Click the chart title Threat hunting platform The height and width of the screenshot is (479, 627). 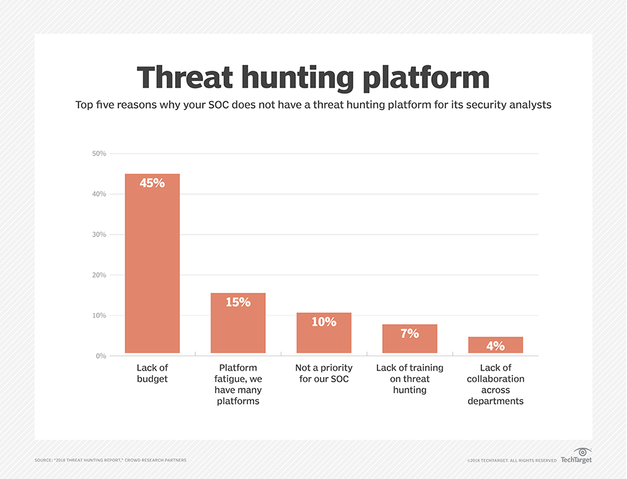tap(313, 78)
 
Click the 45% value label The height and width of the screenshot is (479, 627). tap(152, 184)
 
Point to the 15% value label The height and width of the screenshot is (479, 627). tap(238, 303)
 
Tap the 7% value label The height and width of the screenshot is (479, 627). tap(410, 334)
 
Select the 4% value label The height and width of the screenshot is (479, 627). tap(496, 346)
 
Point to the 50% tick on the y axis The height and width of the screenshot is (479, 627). tap(99, 154)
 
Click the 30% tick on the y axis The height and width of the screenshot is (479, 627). tap(99, 235)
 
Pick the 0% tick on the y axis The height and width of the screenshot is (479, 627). tap(101, 356)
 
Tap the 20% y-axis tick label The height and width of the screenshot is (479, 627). tap(99, 275)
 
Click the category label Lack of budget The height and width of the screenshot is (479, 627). tap(152, 373)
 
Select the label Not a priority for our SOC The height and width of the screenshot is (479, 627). tap(324, 373)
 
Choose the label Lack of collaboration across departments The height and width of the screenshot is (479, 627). tap(495, 384)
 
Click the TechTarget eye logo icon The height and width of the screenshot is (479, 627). tap(582, 452)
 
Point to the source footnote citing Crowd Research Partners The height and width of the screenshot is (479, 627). tap(110, 461)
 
